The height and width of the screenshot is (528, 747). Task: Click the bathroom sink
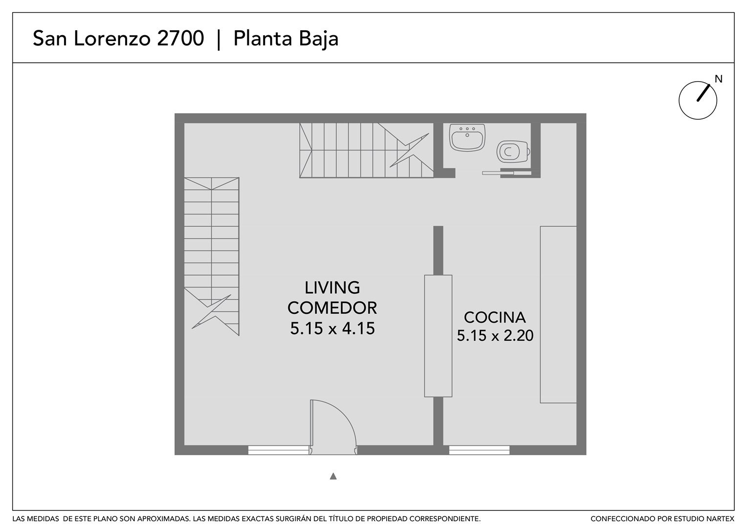pyautogui.click(x=467, y=137)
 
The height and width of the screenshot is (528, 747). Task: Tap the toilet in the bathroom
pyautogui.click(x=513, y=152)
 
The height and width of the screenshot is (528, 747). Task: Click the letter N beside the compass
pyautogui.click(x=719, y=79)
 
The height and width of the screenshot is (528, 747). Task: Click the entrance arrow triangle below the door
pyautogui.click(x=333, y=476)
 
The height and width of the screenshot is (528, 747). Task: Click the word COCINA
pyautogui.click(x=495, y=317)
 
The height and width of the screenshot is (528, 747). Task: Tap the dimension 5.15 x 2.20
pyautogui.click(x=495, y=335)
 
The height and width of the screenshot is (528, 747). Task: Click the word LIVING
pyautogui.click(x=332, y=287)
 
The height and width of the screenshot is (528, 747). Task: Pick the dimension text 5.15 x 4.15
pyautogui.click(x=332, y=328)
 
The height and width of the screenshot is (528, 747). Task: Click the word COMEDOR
pyautogui.click(x=332, y=308)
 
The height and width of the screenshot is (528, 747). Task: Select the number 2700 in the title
pyautogui.click(x=180, y=38)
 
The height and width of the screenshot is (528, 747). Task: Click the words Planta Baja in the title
pyautogui.click(x=286, y=39)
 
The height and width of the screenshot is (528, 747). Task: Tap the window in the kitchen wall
pyautogui.click(x=479, y=450)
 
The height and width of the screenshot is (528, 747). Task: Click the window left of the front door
pyautogui.click(x=279, y=450)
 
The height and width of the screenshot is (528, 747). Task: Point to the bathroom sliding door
pyautogui.click(x=506, y=173)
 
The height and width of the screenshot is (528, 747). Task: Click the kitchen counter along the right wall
pyautogui.click(x=558, y=314)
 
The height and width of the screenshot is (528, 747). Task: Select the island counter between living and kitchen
pyautogui.click(x=438, y=336)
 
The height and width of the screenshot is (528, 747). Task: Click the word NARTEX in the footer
pyautogui.click(x=721, y=519)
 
